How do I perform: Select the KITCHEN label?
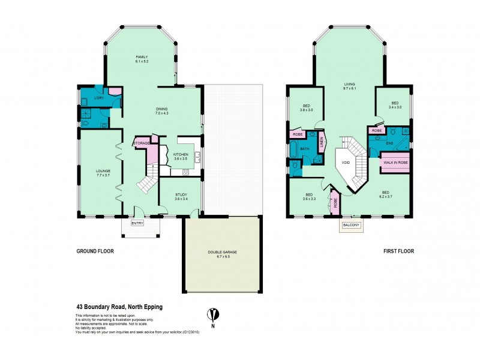[181, 155]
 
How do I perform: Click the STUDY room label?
[181, 194]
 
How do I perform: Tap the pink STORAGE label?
[142, 143]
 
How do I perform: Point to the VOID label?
[345, 161]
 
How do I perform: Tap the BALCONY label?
[351, 226]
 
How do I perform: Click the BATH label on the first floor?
[304, 148]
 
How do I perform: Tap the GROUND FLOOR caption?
[94, 251]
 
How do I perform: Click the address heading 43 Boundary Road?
[119, 307]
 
